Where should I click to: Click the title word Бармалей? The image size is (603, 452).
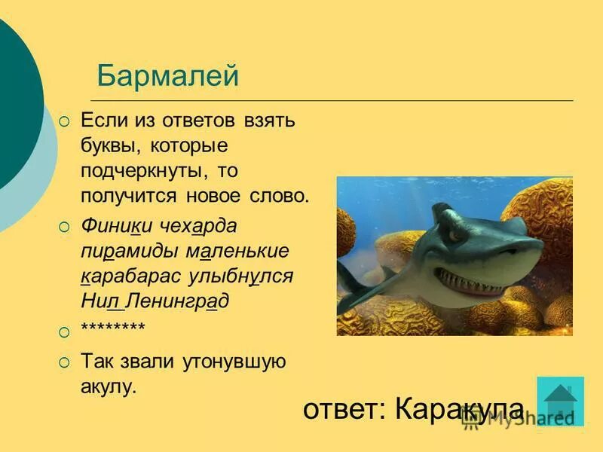pyautogui.click(x=167, y=76)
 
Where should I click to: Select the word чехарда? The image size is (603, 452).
pyautogui.click(x=198, y=226)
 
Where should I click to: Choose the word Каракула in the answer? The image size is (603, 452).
pyautogui.click(x=459, y=409)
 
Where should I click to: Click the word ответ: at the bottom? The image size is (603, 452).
pyautogui.click(x=344, y=409)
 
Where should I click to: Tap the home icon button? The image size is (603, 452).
pyautogui.click(x=560, y=401)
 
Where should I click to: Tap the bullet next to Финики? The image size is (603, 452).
pyautogui.click(x=65, y=226)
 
